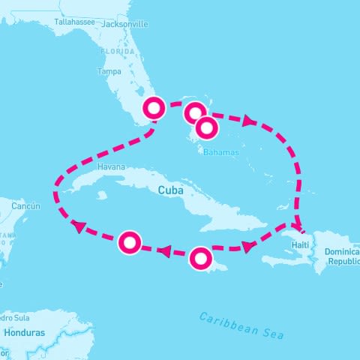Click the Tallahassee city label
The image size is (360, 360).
[73, 22]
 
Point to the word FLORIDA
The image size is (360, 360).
[120, 53]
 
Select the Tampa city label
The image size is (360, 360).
[109, 72]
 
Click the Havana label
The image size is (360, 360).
[110, 166]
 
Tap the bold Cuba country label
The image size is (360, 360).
[170, 190]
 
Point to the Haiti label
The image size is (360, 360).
[301, 245]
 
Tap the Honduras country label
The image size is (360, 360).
[24, 332]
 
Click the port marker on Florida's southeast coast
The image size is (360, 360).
[154, 109]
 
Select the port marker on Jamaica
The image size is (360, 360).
[200, 259]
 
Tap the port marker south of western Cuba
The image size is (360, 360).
[130, 242]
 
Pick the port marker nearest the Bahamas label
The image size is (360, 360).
[207, 129]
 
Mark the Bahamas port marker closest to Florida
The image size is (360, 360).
[194, 112]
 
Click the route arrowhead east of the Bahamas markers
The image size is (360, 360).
[247, 120]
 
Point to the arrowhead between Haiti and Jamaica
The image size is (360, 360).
[246, 245]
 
